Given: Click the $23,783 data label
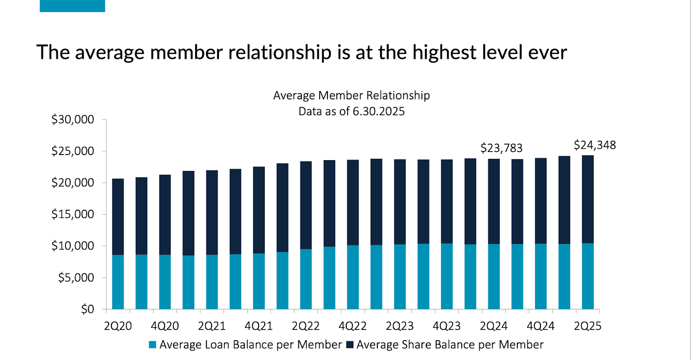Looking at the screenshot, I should (501, 148).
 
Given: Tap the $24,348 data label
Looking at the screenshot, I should (595, 145).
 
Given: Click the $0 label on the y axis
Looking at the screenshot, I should (87, 309).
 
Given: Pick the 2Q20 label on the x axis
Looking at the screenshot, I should (118, 326).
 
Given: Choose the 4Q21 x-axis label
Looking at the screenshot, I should (259, 326).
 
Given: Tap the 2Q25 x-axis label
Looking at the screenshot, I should (587, 326).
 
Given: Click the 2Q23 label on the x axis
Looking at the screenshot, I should (399, 326).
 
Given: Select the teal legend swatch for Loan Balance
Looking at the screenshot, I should (152, 345).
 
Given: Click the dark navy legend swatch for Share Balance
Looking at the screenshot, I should (350, 345).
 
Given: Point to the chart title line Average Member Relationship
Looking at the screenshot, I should (352, 95).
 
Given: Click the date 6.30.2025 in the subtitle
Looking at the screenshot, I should (379, 111).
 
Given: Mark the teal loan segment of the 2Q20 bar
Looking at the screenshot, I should (118, 282).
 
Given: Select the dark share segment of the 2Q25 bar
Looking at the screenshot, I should (587, 199).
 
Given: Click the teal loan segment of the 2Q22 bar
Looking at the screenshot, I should (306, 279).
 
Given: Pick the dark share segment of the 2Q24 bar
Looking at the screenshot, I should (494, 201).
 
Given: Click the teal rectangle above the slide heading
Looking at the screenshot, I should (72, 6).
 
